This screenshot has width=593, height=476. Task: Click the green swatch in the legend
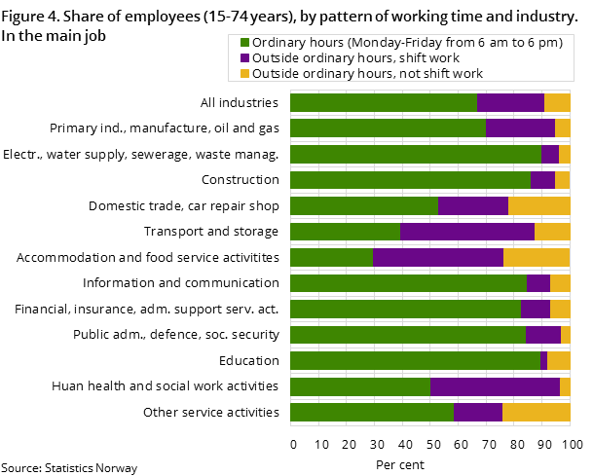pyautogui.click(x=245, y=43)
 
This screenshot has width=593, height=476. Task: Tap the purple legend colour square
pyautogui.click(x=245, y=58)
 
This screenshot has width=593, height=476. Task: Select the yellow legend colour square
pyautogui.click(x=245, y=74)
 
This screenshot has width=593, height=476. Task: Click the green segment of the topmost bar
pyautogui.click(x=383, y=102)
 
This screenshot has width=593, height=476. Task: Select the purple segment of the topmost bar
pyautogui.click(x=510, y=102)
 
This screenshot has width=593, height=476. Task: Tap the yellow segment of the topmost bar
pyautogui.click(x=557, y=102)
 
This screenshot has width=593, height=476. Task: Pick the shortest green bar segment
pyautogui.click(x=331, y=257)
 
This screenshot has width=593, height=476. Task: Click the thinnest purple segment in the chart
pyautogui.click(x=543, y=360)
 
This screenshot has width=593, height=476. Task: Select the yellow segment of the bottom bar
pyautogui.click(x=536, y=412)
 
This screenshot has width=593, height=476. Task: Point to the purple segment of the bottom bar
pyautogui.click(x=477, y=412)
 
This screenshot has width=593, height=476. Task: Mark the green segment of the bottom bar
pyautogui.click(x=371, y=412)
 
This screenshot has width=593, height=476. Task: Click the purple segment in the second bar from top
pyautogui.click(x=520, y=128)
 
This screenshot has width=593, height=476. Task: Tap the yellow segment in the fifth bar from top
pyautogui.click(x=538, y=205)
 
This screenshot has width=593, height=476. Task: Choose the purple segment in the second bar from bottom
pyautogui.click(x=495, y=386)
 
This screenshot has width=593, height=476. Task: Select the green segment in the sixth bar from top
pyautogui.click(x=345, y=232)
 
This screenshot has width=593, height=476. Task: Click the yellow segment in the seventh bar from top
pyautogui.click(x=537, y=257)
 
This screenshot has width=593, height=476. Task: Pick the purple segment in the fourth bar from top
pyautogui.click(x=542, y=179)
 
